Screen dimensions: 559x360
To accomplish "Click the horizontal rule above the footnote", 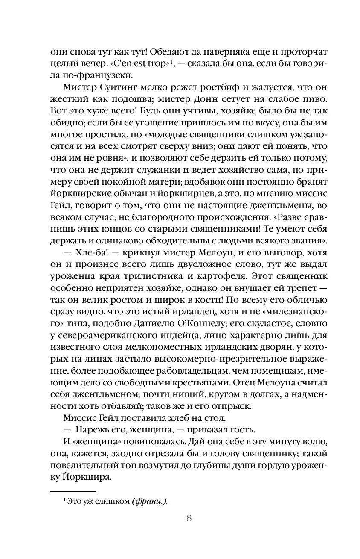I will [67, 491].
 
